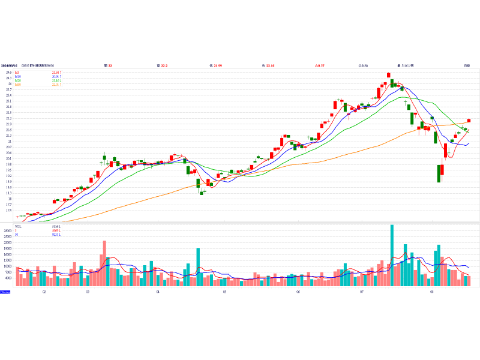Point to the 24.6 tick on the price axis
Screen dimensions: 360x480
[8, 73]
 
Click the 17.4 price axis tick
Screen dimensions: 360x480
[8, 211]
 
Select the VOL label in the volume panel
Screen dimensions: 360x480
[18, 227]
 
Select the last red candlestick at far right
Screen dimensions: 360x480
[469, 121]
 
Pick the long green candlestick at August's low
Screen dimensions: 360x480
[439, 173]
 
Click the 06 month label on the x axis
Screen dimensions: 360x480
[298, 292]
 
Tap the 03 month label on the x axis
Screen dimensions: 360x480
[88, 292]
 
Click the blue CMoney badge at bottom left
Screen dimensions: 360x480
[5, 292]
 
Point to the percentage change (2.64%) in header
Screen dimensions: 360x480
[363, 65]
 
